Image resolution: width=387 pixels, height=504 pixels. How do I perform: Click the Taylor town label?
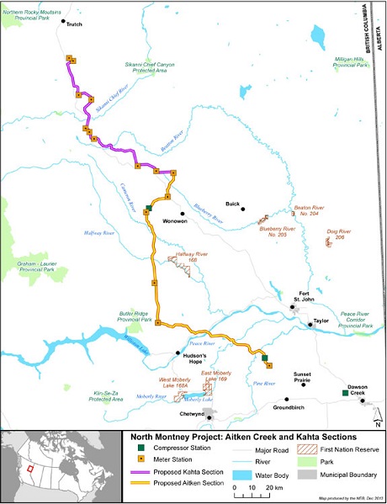[321, 321]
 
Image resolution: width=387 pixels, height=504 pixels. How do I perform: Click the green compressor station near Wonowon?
[149, 208]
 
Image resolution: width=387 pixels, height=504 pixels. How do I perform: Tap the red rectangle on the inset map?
[31, 468]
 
